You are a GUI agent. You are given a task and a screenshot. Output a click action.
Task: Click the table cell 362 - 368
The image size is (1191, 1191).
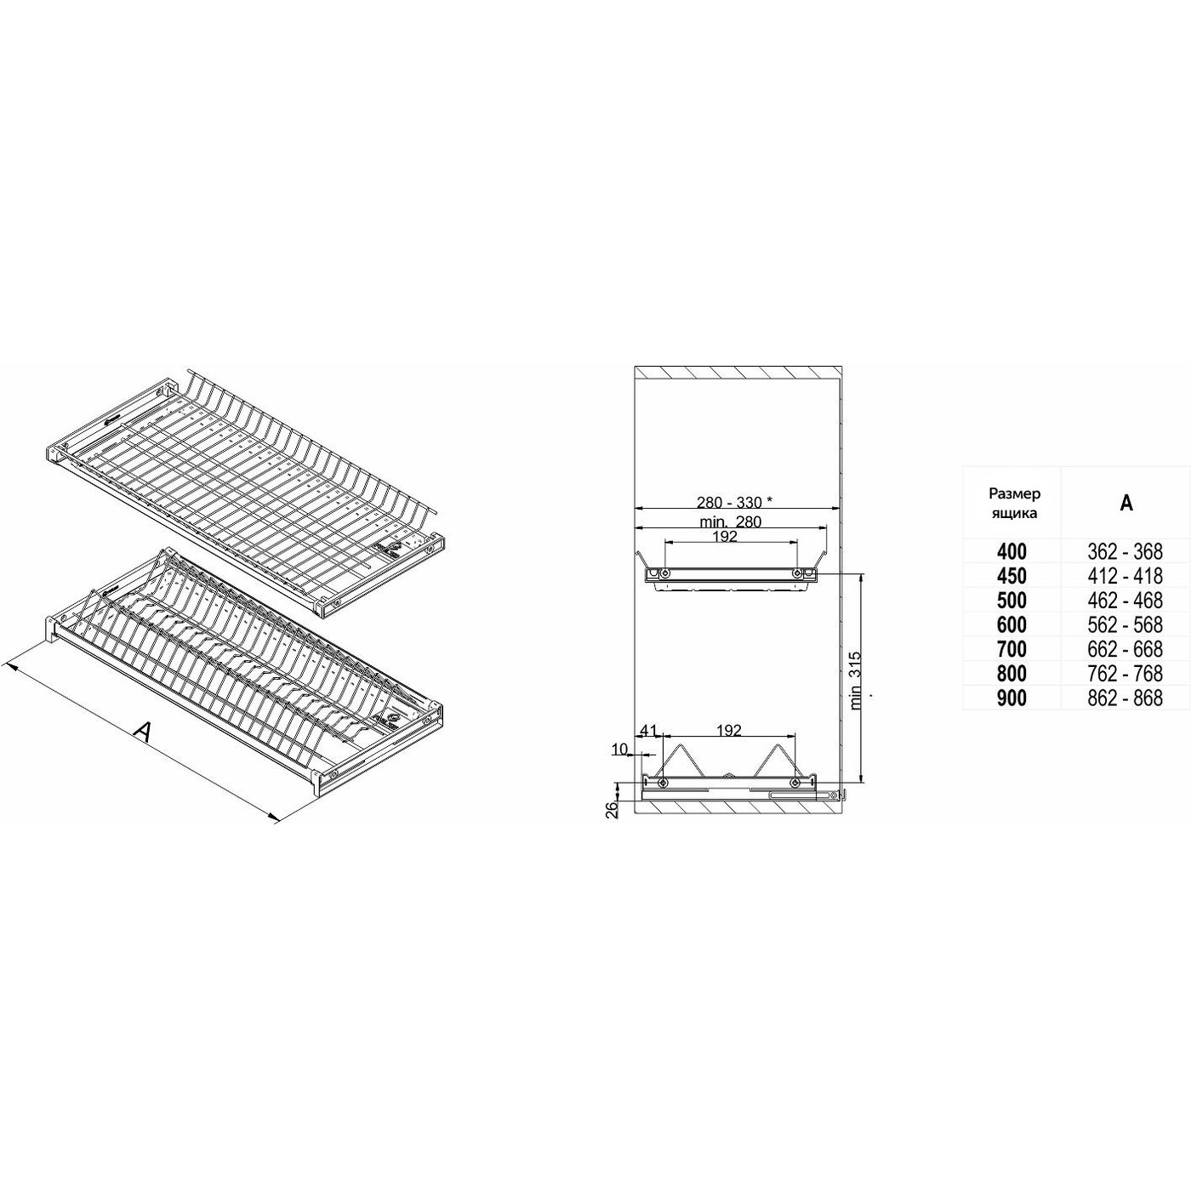coord(1125,550)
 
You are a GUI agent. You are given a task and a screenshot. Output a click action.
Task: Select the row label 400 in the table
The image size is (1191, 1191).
coord(1011,551)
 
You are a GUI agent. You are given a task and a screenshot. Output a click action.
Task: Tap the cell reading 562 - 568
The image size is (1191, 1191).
coord(1125,624)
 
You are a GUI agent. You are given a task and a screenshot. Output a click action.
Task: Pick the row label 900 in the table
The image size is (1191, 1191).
coord(1011,698)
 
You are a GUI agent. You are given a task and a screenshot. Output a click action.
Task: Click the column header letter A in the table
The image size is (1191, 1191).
coord(1126,503)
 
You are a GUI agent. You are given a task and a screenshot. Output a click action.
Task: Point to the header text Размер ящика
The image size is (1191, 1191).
coord(1014,503)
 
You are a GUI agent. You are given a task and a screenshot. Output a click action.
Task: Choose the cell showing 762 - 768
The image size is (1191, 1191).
coord(1125,673)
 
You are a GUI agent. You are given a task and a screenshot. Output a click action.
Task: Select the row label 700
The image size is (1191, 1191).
coord(1011,649)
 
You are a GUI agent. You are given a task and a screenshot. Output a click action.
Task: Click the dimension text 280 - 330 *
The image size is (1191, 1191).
coord(737,502)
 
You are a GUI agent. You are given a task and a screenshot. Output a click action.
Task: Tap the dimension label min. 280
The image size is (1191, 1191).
coord(731,521)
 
